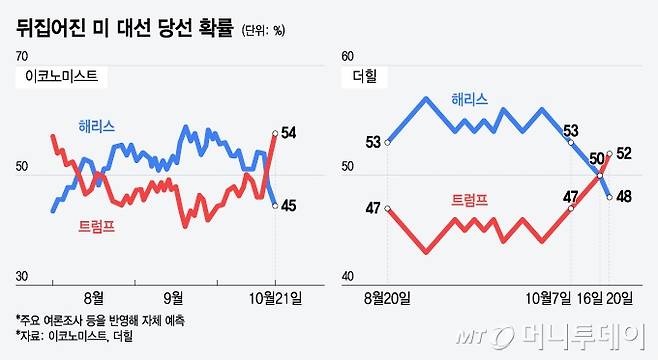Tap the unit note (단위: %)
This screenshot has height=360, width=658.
point(263,31)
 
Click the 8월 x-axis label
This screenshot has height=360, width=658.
point(94,296)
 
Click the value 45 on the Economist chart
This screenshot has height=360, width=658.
point(289,206)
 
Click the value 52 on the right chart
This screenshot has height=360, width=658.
point(623,153)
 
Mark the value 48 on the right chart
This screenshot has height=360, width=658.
point(622,197)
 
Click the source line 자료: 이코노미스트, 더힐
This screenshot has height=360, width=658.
point(75,336)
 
